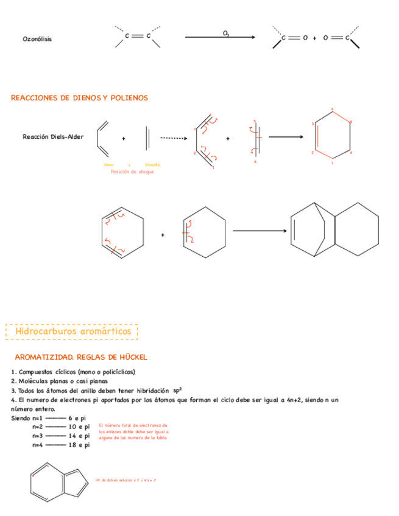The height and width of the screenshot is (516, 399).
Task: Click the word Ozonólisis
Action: pyautogui.click(x=37, y=39)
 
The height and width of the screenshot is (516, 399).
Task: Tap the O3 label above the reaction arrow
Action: pyautogui.click(x=226, y=32)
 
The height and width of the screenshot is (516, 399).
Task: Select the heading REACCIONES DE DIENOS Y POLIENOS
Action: pyautogui.click(x=79, y=98)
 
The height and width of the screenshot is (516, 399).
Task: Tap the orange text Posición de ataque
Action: pyautogui.click(x=132, y=172)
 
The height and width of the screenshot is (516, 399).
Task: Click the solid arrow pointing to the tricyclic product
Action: pyautogui.click(x=259, y=231)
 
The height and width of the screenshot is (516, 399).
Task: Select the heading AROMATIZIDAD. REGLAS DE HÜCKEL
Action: pyautogui.click(x=81, y=357)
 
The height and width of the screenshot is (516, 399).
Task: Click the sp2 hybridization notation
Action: pyautogui.click(x=177, y=389)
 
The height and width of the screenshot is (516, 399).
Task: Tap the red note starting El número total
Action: pyautogui.click(x=133, y=431)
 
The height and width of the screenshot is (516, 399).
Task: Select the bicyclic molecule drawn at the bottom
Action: pyautogui.click(x=58, y=483)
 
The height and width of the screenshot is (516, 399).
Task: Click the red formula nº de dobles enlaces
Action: pyautogui.click(x=125, y=481)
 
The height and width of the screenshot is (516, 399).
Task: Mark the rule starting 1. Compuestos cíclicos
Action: pyautogui.click(x=73, y=372)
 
